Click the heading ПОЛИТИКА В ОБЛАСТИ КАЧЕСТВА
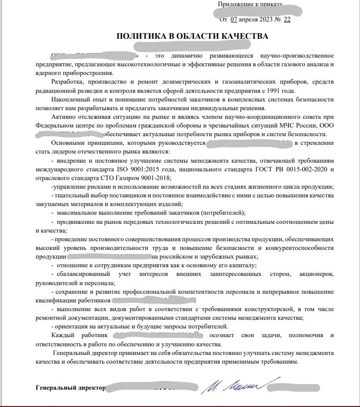click(x=192, y=36)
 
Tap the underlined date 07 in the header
click(x=234, y=19)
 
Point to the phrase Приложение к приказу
click(x=249, y=5)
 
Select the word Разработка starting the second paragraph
click(x=70, y=82)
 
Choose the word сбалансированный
click(x=82, y=274)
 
